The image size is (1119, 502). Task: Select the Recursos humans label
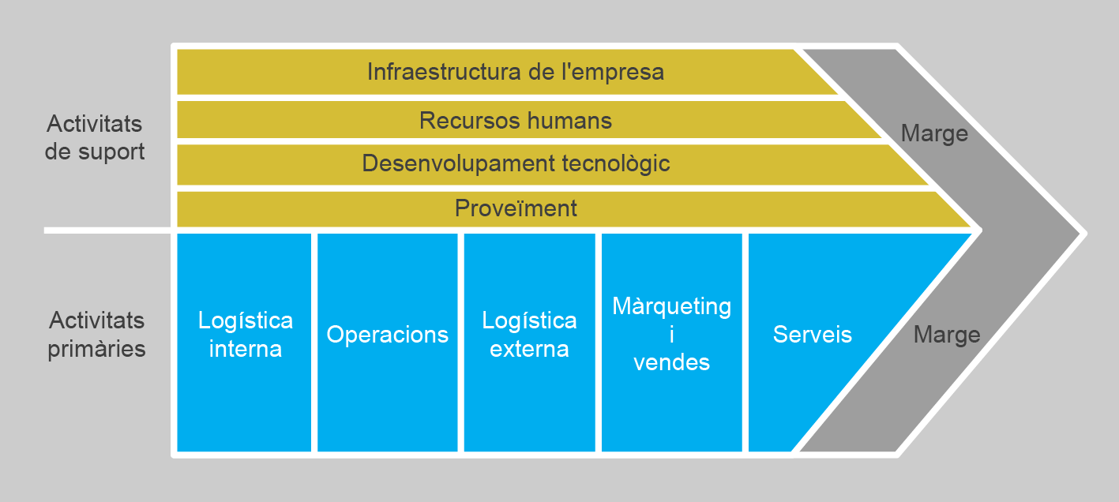tap(516, 121)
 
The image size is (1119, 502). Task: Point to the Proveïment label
tap(516, 208)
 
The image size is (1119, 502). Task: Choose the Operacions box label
tap(388, 335)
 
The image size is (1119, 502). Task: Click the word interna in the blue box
tap(245, 349)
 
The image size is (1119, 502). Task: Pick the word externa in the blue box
tap(529, 349)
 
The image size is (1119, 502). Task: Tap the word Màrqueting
tap(672, 306)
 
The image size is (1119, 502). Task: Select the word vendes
tap(672, 362)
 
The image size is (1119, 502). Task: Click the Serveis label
tap(813, 335)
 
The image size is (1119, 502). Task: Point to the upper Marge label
tap(934, 133)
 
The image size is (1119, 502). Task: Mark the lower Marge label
tap(947, 335)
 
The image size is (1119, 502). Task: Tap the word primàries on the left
tap(97, 349)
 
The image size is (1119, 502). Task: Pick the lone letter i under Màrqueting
tap(672, 335)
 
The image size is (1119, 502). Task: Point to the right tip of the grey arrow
tap(1083, 233)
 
